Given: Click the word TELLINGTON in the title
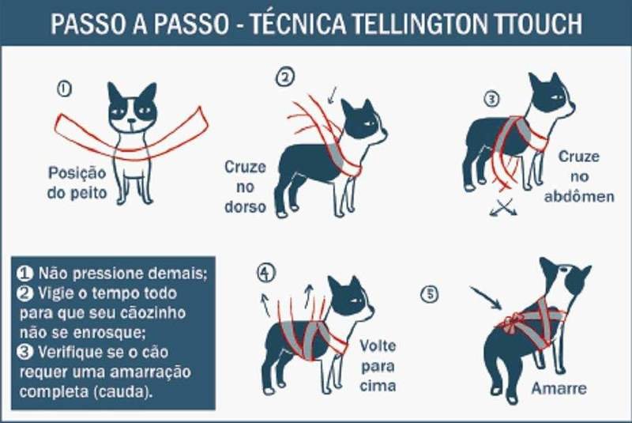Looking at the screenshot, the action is tap(420, 23).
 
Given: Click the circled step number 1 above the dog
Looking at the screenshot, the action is tap(65, 89).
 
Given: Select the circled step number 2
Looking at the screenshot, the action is tap(285, 77).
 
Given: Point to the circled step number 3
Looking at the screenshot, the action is tap(491, 99).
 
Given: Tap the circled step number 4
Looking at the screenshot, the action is tap(266, 273).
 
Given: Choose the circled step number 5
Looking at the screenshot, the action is tap(430, 293).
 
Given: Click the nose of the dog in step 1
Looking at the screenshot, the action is tap(132, 121).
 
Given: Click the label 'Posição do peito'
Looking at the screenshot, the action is tap(77, 183).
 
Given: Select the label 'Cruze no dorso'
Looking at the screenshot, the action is tap(245, 187).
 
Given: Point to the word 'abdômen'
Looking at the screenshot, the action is tap(579, 197).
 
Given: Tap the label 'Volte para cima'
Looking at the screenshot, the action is tap(378, 366).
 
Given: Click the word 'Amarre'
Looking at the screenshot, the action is tap(559, 388).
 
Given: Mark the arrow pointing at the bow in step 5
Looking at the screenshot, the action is tap(486, 297).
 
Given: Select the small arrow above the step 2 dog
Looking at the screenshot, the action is tap(333, 95).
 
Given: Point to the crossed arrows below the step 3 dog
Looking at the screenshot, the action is tap(503, 207).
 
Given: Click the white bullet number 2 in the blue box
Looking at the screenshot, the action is tap(24, 293).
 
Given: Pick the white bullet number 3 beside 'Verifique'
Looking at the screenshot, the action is tap(24, 352).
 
